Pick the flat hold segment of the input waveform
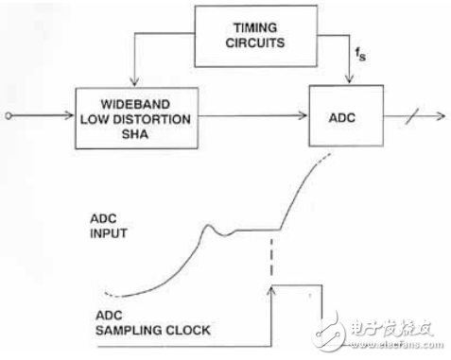(x=259, y=230)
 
